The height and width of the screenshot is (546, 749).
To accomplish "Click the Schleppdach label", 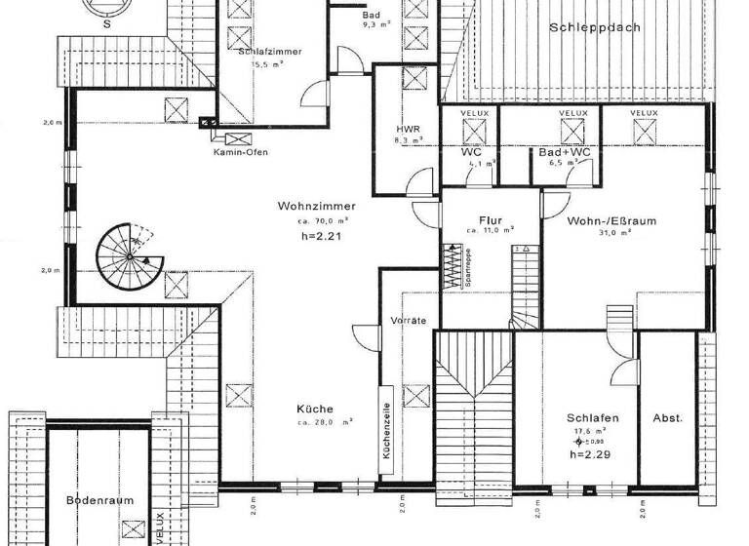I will click(x=594, y=27).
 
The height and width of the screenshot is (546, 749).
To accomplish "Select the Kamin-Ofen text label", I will click(x=238, y=153).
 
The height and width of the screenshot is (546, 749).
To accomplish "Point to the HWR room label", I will click(x=408, y=129).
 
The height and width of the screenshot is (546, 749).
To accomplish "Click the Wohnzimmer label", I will click(x=316, y=207).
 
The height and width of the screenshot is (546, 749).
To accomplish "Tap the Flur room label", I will click(x=491, y=220).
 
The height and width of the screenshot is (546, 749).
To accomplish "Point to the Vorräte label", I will click(x=408, y=321).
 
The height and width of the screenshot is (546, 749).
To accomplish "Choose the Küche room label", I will click(x=315, y=409).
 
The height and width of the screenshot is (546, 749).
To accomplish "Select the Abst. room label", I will click(x=667, y=418).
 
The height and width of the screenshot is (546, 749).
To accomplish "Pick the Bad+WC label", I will click(x=563, y=152).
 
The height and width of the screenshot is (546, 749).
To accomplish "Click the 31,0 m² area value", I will click(x=613, y=233).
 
